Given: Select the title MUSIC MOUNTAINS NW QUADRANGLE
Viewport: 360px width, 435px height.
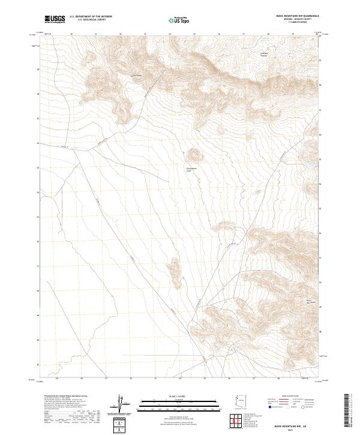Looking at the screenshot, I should click(297, 16).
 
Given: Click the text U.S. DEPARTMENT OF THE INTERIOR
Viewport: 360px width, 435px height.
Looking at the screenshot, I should click(91, 17).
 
